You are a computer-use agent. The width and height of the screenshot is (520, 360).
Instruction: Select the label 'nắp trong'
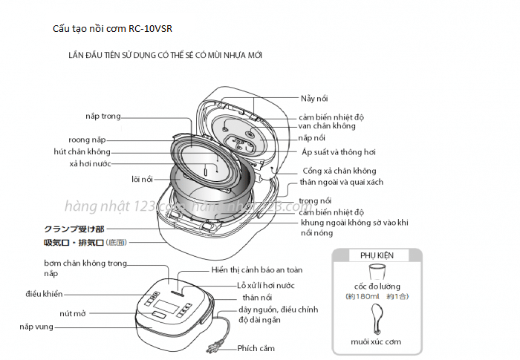[x=103, y=117]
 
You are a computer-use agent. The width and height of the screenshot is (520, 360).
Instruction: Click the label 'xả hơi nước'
[x=90, y=164]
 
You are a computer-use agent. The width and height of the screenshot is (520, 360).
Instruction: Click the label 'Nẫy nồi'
[x=314, y=98]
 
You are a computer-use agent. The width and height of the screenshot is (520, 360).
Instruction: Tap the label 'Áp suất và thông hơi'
[x=339, y=152]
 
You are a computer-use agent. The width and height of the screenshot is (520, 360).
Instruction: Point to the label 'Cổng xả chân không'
[x=339, y=171]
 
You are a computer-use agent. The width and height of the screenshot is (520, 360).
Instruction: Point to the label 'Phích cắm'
[x=256, y=348]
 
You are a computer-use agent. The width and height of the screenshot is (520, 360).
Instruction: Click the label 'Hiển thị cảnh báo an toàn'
[x=256, y=269]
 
